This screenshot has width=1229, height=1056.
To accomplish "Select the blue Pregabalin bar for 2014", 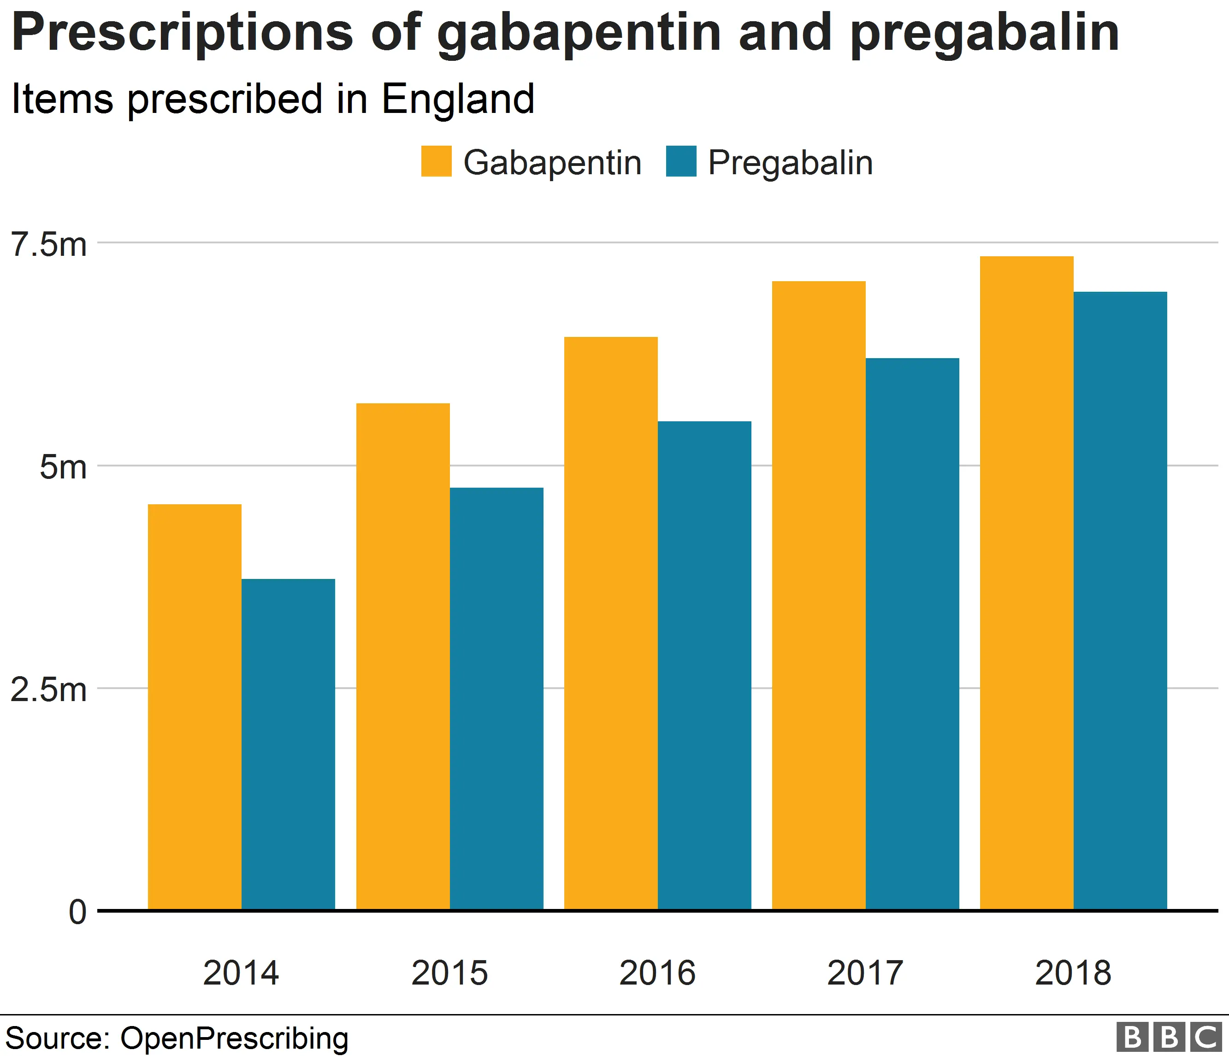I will [x=288, y=744].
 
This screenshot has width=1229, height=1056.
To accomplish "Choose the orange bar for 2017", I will [x=819, y=596].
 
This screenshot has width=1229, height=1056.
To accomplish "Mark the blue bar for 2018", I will [x=1121, y=601].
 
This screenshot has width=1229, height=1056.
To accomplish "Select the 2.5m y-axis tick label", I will [x=49, y=690].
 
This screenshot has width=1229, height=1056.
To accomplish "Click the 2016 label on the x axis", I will [x=657, y=973].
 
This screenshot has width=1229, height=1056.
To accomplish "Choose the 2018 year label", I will [x=1073, y=973].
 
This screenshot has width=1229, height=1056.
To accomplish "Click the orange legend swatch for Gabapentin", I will [x=437, y=161].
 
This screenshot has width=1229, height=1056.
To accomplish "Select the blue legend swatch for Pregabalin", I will [x=681, y=161].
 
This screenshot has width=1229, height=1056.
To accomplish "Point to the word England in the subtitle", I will [x=458, y=99].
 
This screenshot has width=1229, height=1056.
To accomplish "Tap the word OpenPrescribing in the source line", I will [x=234, y=1038].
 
